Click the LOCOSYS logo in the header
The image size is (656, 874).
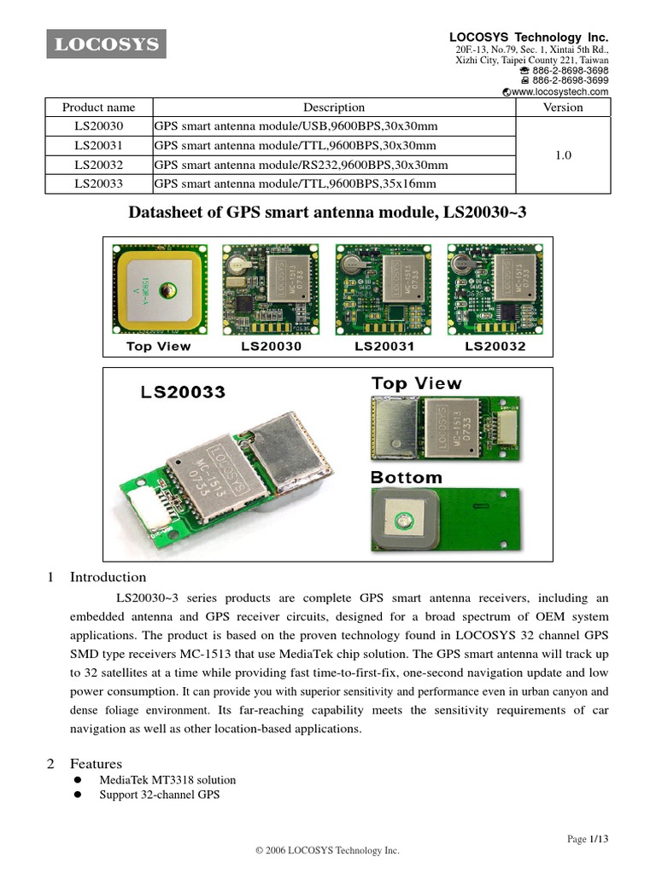click(107, 44)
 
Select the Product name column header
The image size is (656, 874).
click(98, 108)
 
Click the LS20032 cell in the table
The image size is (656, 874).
click(98, 164)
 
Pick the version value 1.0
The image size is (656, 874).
click(563, 155)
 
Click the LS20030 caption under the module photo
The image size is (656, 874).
click(272, 347)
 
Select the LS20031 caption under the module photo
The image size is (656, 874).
click(384, 347)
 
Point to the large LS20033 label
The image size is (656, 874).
click(183, 392)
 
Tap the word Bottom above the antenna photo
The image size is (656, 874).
click(407, 478)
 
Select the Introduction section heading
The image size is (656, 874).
click(108, 577)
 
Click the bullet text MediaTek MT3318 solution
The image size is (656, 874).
click(167, 780)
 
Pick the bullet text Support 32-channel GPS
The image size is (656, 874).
click(159, 795)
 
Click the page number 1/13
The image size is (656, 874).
click(600, 840)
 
